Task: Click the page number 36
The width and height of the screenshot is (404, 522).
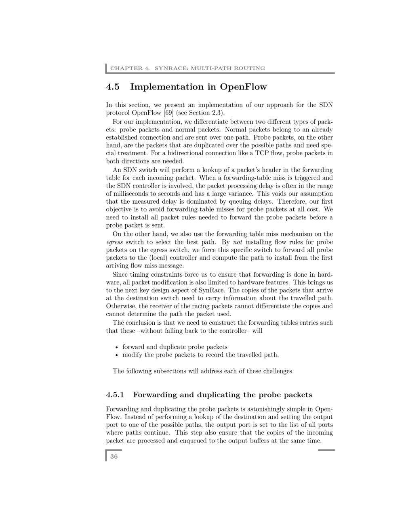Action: [114, 456]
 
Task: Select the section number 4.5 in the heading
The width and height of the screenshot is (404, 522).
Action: [113, 87]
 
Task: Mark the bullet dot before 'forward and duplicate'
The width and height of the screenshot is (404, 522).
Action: [117, 347]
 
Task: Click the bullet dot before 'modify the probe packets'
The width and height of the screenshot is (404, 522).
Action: [117, 355]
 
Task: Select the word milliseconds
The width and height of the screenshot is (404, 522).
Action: [131, 194]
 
